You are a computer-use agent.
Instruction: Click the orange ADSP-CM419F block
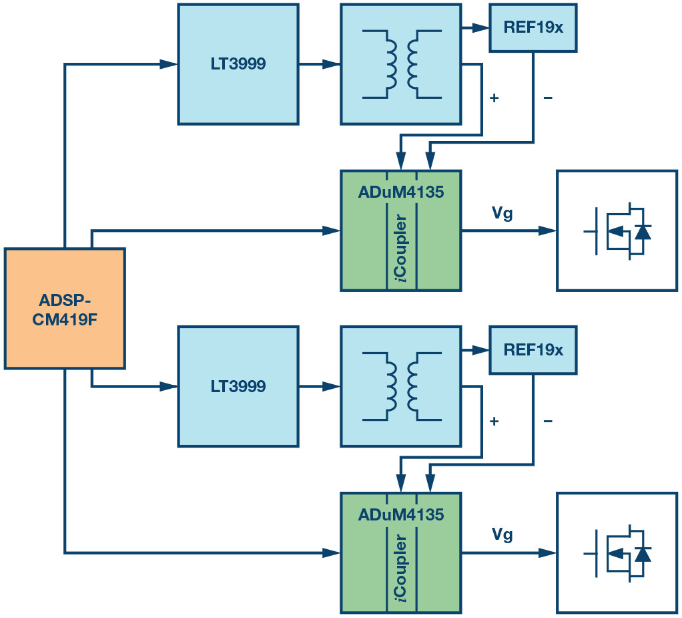(65, 308)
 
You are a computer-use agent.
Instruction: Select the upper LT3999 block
(238, 64)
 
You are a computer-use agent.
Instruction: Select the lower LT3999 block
(238, 386)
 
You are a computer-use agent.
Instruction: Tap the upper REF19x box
(533, 28)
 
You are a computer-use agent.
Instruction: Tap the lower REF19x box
(533, 350)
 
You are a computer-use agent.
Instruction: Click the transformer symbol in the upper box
(400, 64)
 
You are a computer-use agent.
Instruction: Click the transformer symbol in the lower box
(400, 386)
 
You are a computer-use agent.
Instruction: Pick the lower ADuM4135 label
(400, 516)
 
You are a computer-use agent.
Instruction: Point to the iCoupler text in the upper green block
(402, 249)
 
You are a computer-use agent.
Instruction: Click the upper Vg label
(502, 214)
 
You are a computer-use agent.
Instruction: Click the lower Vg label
(502, 536)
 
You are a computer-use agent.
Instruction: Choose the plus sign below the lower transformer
(494, 422)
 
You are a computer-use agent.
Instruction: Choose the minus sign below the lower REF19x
(547, 422)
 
